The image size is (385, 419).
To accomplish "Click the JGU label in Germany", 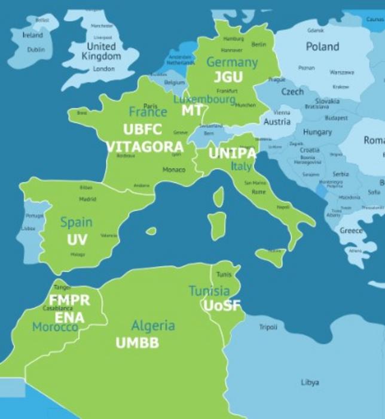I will point(228,77).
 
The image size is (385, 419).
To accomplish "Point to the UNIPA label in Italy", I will point(232,153).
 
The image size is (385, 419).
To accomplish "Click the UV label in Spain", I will point(77,239).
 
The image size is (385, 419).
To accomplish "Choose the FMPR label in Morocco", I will point(69,300).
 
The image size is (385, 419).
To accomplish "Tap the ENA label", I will point(69,317).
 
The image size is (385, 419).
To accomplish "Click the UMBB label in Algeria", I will point(137,343).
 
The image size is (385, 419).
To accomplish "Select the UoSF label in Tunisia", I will point(222,305).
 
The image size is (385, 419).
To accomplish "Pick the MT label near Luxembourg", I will point(191,111).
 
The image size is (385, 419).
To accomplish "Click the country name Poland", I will point(322,47).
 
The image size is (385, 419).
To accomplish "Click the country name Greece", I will point(351,230).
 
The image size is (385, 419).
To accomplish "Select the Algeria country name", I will point(153,326).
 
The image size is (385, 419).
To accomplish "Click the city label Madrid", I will point(87,199).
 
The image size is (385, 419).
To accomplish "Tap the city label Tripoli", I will point(268,327).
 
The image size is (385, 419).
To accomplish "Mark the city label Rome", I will point(258,192).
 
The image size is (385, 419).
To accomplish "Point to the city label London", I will point(103,69).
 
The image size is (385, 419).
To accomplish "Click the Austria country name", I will point(277,122).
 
